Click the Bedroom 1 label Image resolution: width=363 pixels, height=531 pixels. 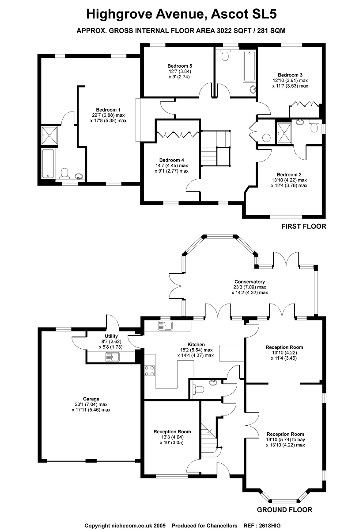[108, 109]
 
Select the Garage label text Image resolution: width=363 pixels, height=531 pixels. [91, 399]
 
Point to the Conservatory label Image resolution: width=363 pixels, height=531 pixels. [250, 281]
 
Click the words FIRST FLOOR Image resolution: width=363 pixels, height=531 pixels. [303, 227]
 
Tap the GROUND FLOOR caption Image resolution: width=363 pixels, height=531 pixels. [284, 510]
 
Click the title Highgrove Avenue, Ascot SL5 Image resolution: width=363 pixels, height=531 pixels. [181, 14]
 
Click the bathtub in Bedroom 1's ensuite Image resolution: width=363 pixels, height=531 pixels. [48, 163]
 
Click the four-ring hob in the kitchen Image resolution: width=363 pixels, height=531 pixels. [149, 370]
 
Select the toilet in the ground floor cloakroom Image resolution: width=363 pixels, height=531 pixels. [197, 389]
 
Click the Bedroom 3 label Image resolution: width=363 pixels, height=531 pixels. [290, 75]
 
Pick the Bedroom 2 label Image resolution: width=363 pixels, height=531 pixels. [289, 174]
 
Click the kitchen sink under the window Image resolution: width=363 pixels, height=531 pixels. [166, 326]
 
